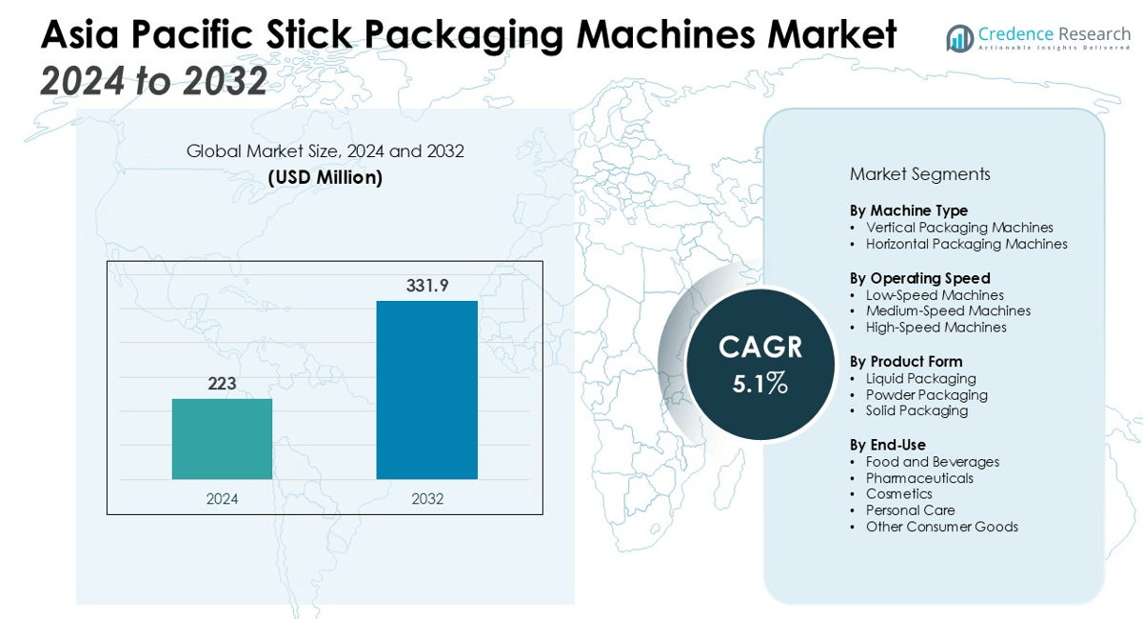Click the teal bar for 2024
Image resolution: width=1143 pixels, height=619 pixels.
pyautogui.click(x=222, y=438)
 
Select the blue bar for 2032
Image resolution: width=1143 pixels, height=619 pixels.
pyautogui.click(x=426, y=389)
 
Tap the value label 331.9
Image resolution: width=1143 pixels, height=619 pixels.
pyautogui.click(x=427, y=285)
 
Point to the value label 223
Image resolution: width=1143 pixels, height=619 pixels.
pyautogui.click(x=222, y=384)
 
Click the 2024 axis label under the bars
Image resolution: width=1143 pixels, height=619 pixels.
pyautogui.click(x=222, y=498)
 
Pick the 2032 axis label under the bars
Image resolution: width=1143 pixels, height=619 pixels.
pyautogui.click(x=427, y=498)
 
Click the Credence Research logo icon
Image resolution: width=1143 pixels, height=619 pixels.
pyautogui.click(x=959, y=38)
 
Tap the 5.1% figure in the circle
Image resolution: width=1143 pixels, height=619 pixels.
pyautogui.click(x=759, y=384)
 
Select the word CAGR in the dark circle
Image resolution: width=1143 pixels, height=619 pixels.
pyautogui.click(x=759, y=348)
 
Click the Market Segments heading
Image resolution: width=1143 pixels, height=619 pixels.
pyautogui.click(x=919, y=174)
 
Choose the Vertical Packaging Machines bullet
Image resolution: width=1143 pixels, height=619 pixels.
pyautogui.click(x=959, y=228)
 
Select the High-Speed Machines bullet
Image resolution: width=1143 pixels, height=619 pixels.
pyautogui.click(x=936, y=327)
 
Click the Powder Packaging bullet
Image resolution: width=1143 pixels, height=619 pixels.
pyautogui.click(x=926, y=394)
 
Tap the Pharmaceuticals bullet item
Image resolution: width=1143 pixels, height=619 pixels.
pyautogui.click(x=919, y=478)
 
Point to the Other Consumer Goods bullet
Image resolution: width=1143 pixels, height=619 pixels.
pyautogui.click(x=941, y=527)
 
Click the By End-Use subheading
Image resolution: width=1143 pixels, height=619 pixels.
pyautogui.click(x=887, y=445)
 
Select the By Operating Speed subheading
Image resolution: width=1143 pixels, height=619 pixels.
pyautogui.click(x=919, y=278)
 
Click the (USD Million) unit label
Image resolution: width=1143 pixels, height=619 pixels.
pyautogui.click(x=325, y=177)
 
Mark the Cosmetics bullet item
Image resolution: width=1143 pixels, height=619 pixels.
pyautogui.click(x=898, y=494)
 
